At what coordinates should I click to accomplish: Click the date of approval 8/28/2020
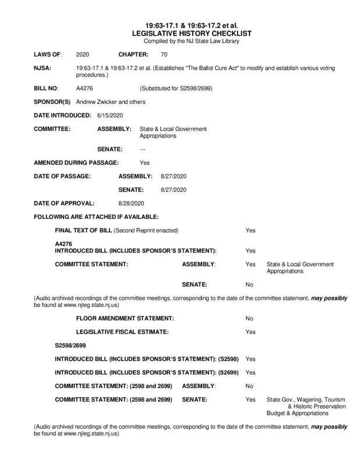(130, 203)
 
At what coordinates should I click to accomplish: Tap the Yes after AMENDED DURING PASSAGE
(144, 163)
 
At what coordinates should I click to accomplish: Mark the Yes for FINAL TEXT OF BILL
(250, 231)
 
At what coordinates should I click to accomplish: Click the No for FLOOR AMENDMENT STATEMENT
(249, 319)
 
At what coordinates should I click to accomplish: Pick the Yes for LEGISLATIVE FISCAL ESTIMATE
(250, 331)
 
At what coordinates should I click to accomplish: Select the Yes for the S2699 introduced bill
(250, 372)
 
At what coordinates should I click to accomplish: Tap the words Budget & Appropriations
(297, 413)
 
